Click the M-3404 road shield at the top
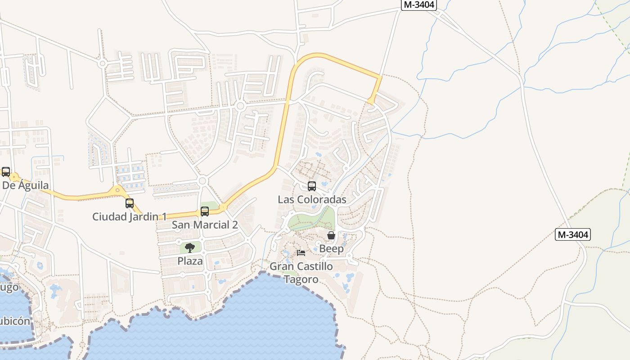pyautogui.click(x=418, y=5)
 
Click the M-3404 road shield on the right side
pyautogui.click(x=572, y=234)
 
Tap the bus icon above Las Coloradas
pyautogui.click(x=311, y=186)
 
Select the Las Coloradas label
pyautogui.click(x=312, y=199)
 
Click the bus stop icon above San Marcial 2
pyautogui.click(x=205, y=211)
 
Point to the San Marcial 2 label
pyautogui.click(x=205, y=225)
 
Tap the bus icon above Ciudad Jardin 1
pyautogui.click(x=130, y=203)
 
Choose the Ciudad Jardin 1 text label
pyautogui.click(x=129, y=216)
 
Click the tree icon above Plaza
pyautogui.click(x=190, y=247)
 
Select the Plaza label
pyautogui.click(x=190, y=261)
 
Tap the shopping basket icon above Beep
pyautogui.click(x=331, y=235)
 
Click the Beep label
pyautogui.click(x=331, y=248)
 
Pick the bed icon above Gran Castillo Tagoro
pyautogui.click(x=301, y=253)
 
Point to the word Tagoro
pyautogui.click(x=301, y=279)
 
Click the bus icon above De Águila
pyautogui.click(x=5, y=172)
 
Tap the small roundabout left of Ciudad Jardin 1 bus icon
pyautogui.click(x=118, y=190)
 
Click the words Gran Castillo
pyautogui.click(x=301, y=266)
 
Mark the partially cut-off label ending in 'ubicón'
pyautogui.click(x=15, y=321)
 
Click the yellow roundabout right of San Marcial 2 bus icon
pyautogui.click(x=222, y=207)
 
